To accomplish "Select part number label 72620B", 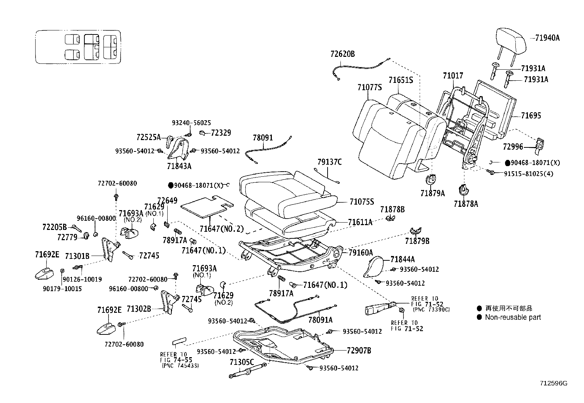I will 342,54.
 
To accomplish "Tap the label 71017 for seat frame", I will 453,76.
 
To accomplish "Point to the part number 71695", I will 531,116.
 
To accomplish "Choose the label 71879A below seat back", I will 432,193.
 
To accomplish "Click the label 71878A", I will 466,204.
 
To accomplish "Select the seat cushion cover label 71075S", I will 361,202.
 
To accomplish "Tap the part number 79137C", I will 329,162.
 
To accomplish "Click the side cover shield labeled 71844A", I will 374,267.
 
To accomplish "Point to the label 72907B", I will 358,351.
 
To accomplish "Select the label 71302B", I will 139,309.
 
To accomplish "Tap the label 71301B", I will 77,256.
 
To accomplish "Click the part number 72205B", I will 54,227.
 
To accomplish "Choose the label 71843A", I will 179,166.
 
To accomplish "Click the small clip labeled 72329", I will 202,133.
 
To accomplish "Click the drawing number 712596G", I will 553,384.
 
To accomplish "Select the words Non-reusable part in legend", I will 513,317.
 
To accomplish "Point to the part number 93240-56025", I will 191,123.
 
